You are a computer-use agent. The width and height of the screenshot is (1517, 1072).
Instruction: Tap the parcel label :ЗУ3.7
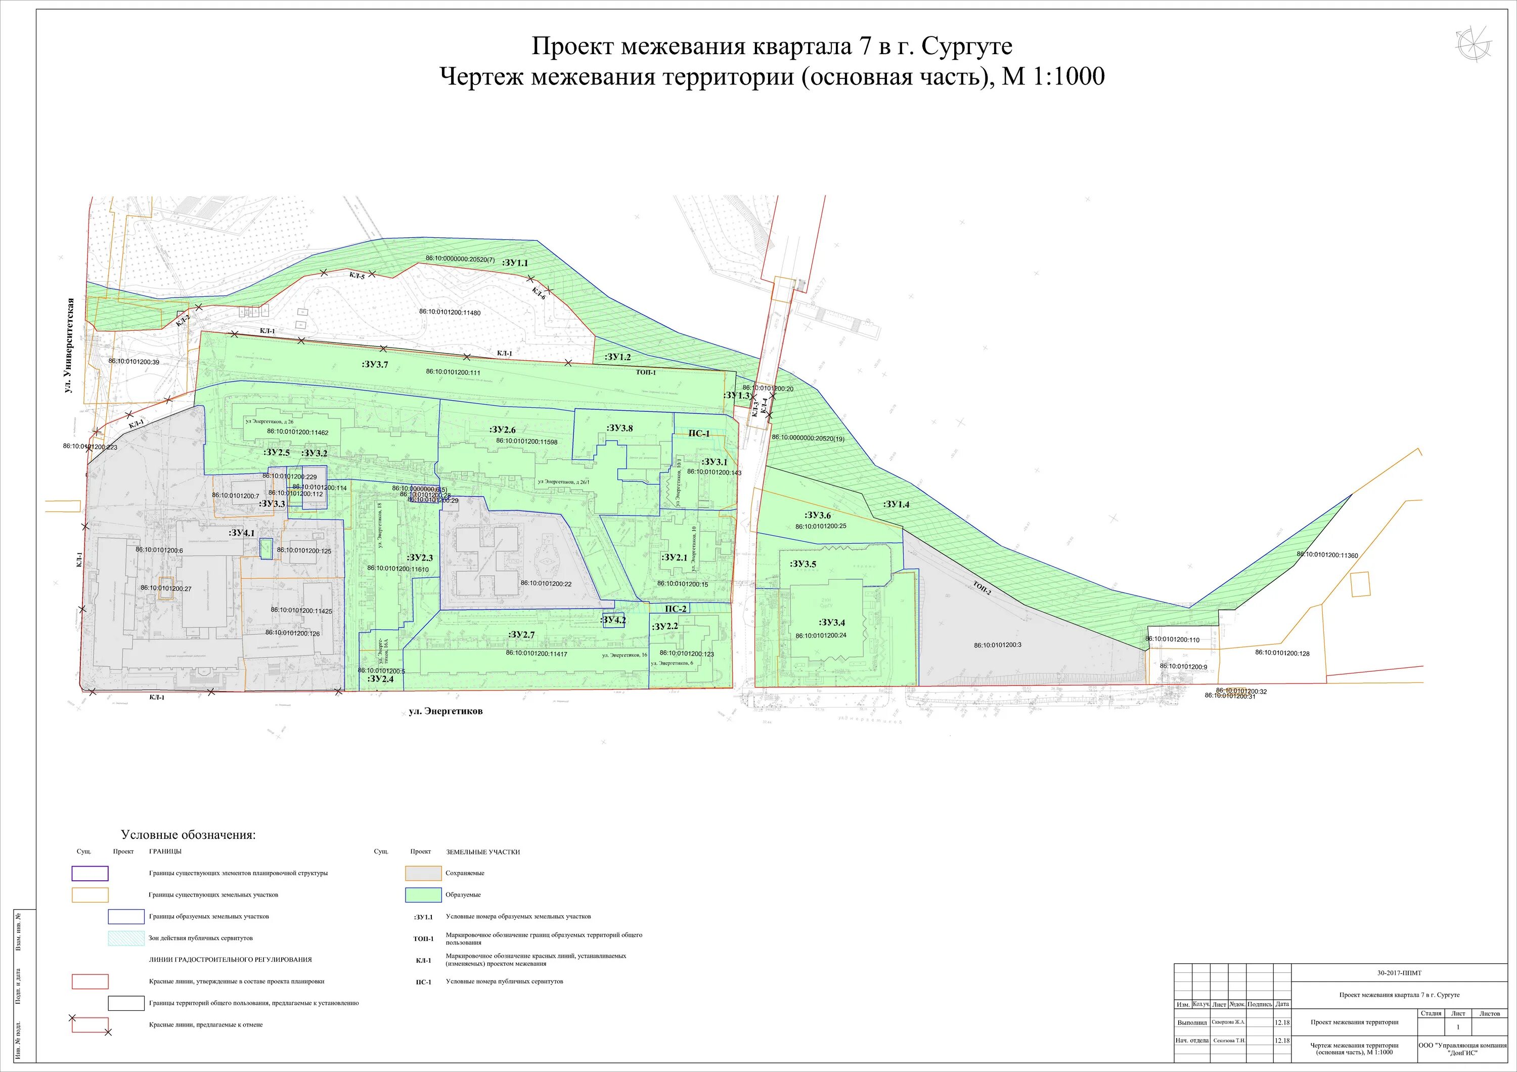pos(375,364)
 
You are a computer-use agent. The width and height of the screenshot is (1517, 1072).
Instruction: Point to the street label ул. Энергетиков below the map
pos(445,711)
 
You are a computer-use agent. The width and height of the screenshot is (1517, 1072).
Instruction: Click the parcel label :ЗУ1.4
pos(896,504)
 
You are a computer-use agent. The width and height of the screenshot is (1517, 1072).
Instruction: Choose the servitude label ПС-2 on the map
pos(675,609)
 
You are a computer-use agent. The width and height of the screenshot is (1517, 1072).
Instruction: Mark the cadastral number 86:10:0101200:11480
pos(450,312)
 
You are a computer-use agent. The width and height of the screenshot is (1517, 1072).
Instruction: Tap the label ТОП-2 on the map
pos(982,587)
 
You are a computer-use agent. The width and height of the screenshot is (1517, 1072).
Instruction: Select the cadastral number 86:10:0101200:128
pos(1282,653)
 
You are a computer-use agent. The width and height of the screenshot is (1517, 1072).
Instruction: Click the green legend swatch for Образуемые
pos(423,895)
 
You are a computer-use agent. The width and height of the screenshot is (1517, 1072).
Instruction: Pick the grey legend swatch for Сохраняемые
pos(423,873)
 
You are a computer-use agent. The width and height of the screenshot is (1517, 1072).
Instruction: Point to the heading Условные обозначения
pos(188,835)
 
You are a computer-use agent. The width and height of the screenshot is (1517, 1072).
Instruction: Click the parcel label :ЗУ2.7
pos(522,634)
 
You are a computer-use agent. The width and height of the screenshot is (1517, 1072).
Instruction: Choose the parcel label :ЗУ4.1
pos(241,532)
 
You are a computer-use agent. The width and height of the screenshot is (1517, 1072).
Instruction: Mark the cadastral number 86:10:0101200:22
pos(546,584)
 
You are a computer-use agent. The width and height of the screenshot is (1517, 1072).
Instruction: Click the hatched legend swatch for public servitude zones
pos(126,938)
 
